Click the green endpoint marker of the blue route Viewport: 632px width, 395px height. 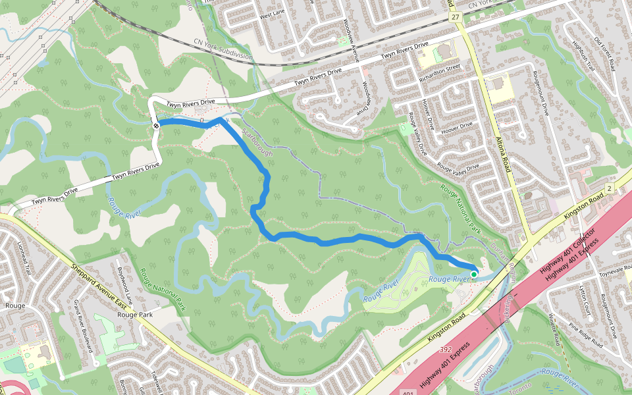pyautogui.click(x=474, y=274)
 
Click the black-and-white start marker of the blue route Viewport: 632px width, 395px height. pyautogui.click(x=156, y=125)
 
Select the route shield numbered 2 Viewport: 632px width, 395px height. pyautogui.click(x=610, y=189)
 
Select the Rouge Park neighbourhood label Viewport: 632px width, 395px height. pyautogui.click(x=135, y=315)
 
